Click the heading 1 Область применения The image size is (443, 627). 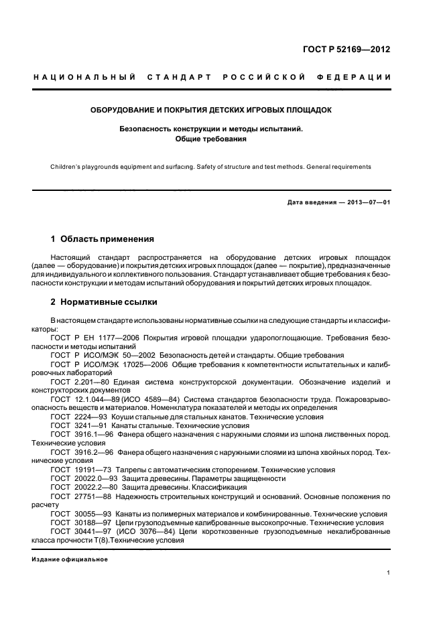(x=103, y=238)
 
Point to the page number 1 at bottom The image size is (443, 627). (x=389, y=573)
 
